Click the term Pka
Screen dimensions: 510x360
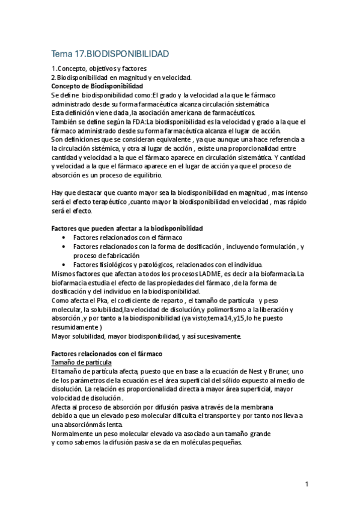pyautogui.click(x=97, y=300)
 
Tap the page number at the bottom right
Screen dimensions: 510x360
pyautogui.click(x=307, y=484)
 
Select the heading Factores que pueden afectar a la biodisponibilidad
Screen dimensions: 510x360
pyautogui.click(x=127, y=229)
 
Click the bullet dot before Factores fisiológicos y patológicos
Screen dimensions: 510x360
pyautogui.click(x=64, y=265)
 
